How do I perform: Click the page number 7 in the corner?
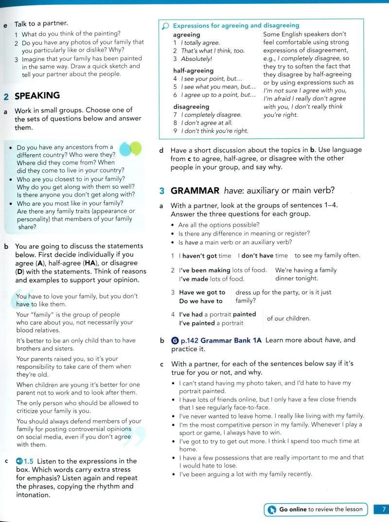click(x=383, y=509)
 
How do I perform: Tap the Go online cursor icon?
click(x=271, y=510)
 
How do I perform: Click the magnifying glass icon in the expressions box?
click(x=166, y=25)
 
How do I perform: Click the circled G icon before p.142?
click(x=175, y=340)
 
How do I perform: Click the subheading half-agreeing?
click(x=194, y=71)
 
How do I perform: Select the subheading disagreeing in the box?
click(x=191, y=107)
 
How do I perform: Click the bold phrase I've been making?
click(x=198, y=270)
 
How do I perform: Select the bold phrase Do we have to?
click(x=201, y=301)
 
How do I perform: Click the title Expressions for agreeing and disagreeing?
click(x=236, y=25)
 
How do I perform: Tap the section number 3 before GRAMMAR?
click(x=163, y=191)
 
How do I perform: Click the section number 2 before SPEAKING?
click(x=6, y=96)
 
